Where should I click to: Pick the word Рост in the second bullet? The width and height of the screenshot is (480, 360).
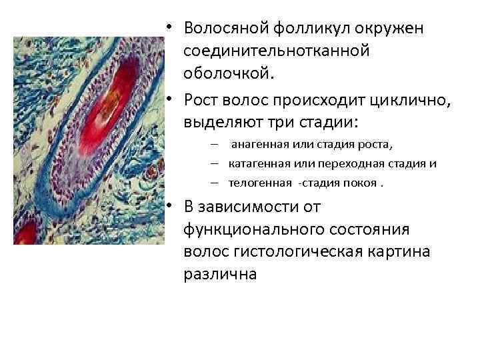[203, 101]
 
